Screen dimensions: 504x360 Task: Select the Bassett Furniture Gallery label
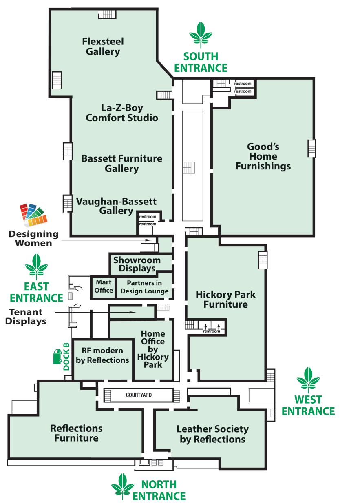(x=122, y=163)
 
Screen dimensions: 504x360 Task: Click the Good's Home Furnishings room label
(x=263, y=156)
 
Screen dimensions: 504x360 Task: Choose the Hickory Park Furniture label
(x=225, y=299)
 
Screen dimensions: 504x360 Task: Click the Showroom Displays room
(x=137, y=264)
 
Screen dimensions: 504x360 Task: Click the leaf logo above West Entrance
(x=308, y=379)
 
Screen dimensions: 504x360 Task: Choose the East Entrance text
(x=37, y=292)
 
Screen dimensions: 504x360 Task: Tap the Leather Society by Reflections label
(x=212, y=434)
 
